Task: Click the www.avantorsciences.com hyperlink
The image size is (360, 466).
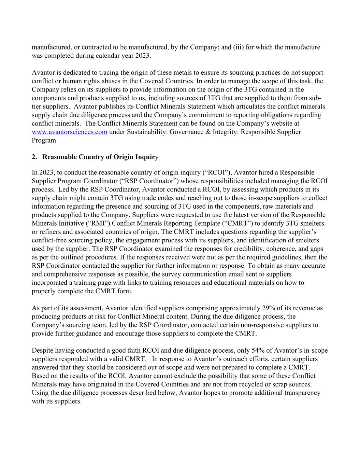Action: tap(69, 132)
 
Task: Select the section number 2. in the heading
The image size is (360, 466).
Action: tap(34, 157)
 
